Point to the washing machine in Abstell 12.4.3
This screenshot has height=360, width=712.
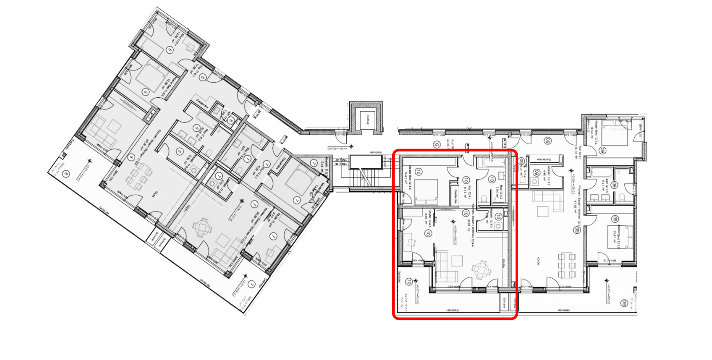click(499, 226)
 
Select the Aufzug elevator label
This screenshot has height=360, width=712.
click(368, 119)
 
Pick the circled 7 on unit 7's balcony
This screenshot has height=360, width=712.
click(251, 284)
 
